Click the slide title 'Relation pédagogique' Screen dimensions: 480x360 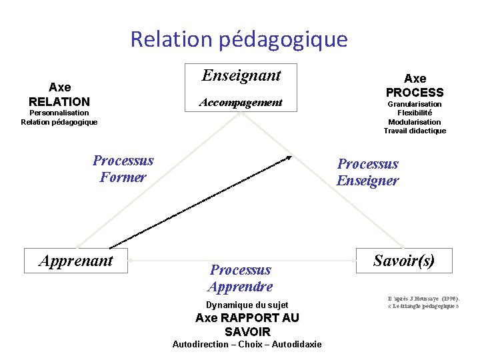239,39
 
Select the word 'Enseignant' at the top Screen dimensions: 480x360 241,75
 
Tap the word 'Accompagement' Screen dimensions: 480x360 241,103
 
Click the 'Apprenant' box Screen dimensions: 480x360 76,261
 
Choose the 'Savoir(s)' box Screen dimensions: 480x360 404,261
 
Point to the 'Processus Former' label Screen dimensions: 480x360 123,169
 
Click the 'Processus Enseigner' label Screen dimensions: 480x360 367,172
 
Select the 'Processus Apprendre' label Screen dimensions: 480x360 240,278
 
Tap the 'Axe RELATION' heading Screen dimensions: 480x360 59,95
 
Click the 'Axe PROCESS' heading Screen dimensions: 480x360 415,86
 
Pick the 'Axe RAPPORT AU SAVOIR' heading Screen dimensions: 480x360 247,325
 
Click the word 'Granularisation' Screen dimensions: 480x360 415,104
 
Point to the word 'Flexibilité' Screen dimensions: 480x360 415,113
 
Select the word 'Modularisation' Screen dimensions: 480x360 415,122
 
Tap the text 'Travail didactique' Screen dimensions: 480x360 415,131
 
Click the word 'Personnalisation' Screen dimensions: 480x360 59,113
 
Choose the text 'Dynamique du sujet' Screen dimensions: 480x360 247,305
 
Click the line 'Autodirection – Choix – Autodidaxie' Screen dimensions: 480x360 247,344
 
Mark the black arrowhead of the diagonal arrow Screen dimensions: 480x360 288,157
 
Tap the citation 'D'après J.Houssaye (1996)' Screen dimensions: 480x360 423,298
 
